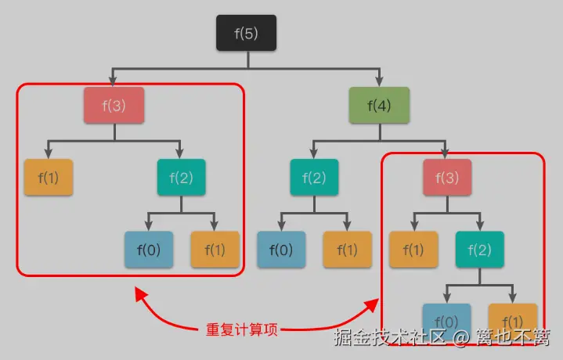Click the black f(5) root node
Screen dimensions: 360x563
point(247,33)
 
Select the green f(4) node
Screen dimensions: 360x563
point(380,105)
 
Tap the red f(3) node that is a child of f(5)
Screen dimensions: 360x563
point(114,105)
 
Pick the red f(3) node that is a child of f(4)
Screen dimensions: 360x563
point(446,177)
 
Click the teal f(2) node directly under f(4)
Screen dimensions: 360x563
point(314,177)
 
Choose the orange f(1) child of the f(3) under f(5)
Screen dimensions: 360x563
point(48,177)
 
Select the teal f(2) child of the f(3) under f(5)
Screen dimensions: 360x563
point(181,177)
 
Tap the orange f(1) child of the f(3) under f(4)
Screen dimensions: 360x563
point(413,250)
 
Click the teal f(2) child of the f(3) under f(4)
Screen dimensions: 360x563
point(479,250)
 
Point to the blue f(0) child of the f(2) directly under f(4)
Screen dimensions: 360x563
point(281,250)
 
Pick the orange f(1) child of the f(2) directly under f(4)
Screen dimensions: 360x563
point(348,250)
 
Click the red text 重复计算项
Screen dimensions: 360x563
point(241,329)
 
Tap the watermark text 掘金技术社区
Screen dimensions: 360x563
point(388,338)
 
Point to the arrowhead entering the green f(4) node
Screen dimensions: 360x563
point(380,81)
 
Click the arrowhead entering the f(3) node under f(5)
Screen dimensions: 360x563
point(114,81)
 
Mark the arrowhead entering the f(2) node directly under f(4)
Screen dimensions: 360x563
point(314,153)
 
